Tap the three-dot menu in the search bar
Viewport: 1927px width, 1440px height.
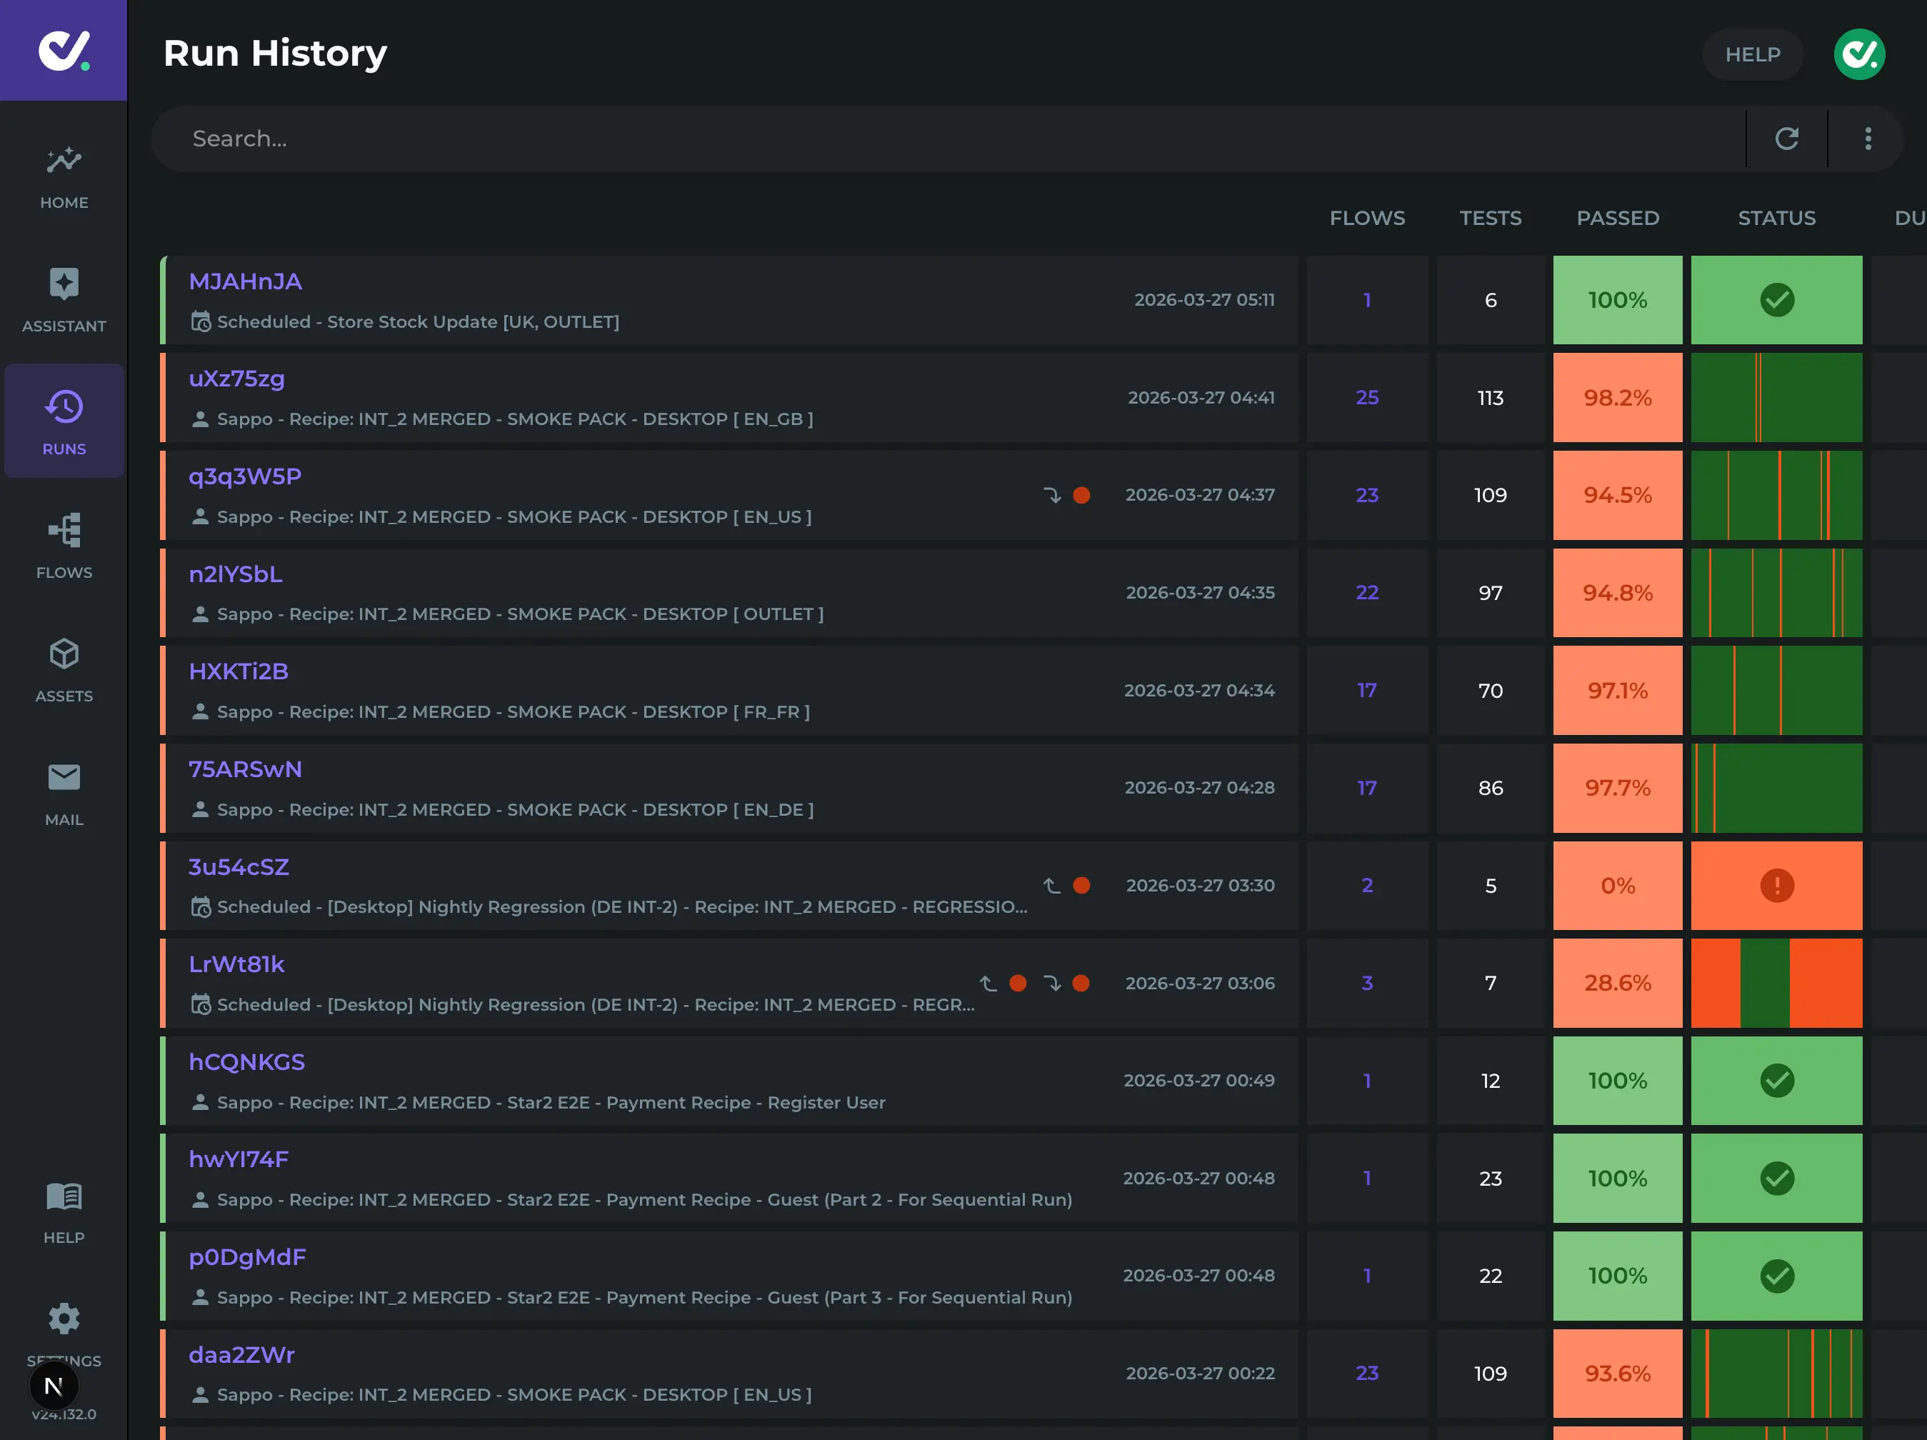[x=1867, y=139]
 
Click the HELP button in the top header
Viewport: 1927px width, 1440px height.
[x=1752, y=54]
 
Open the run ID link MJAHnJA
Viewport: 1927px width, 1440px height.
[x=245, y=281]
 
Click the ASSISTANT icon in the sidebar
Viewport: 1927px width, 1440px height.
[x=64, y=285]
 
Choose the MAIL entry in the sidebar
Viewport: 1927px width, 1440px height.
[x=64, y=778]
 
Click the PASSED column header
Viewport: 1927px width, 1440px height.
[x=1617, y=218]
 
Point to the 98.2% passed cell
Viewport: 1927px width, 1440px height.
[x=1617, y=398]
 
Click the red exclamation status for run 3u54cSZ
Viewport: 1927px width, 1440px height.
[x=1776, y=886]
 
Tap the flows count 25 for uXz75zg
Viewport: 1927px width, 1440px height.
[x=1367, y=398]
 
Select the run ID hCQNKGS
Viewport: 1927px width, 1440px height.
[x=246, y=1062]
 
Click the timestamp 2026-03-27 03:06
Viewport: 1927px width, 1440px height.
[x=1200, y=983]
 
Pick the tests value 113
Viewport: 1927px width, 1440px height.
[x=1490, y=398]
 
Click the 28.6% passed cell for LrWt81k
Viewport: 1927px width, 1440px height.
[x=1617, y=983]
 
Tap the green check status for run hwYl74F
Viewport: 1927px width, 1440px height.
[x=1776, y=1179]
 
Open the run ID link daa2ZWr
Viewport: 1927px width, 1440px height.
[x=241, y=1354]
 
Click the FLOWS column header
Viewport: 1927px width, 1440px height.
[x=1367, y=218]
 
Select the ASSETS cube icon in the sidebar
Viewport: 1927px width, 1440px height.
[x=64, y=654]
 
